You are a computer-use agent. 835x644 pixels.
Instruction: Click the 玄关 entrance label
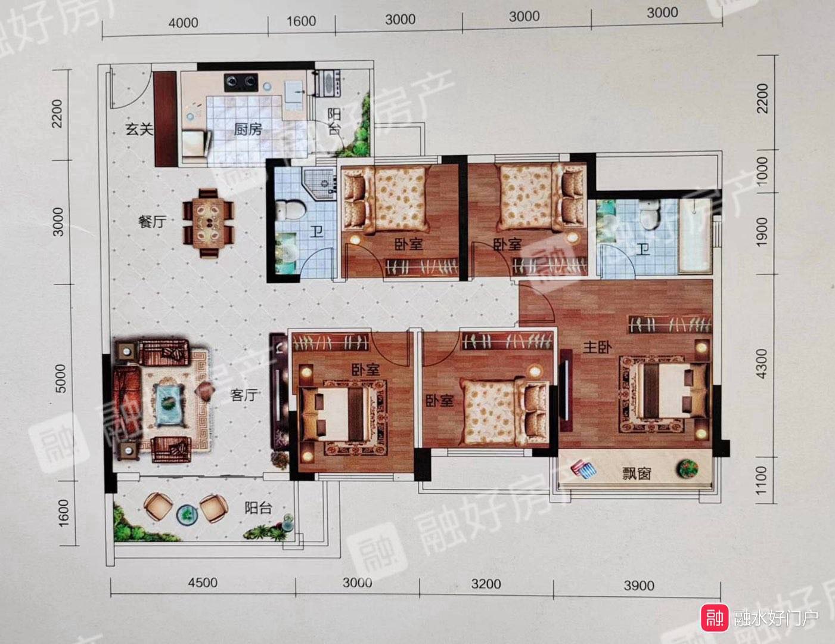pos(139,129)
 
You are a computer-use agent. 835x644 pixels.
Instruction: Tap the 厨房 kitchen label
pos(248,129)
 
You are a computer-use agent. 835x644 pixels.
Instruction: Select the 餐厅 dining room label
pos(152,221)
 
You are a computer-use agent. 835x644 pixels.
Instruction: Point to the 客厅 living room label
pos(244,395)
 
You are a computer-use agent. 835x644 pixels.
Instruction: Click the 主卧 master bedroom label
pos(597,348)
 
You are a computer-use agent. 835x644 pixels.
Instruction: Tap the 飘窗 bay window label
pos(637,473)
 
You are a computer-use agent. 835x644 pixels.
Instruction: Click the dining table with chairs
pos(209,223)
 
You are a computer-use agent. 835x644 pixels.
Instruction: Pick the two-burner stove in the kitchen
pos(241,81)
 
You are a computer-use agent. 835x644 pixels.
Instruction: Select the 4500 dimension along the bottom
pos(203,583)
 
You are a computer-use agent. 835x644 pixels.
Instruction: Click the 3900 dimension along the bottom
pos(639,586)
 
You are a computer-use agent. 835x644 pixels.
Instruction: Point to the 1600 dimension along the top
pos(301,21)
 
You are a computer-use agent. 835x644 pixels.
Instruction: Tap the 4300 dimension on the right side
pos(762,364)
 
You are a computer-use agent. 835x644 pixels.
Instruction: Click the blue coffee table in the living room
pos(169,404)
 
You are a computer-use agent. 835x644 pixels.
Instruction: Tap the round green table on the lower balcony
pos(187,515)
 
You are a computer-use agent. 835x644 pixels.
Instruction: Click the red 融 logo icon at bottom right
pos(715,618)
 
